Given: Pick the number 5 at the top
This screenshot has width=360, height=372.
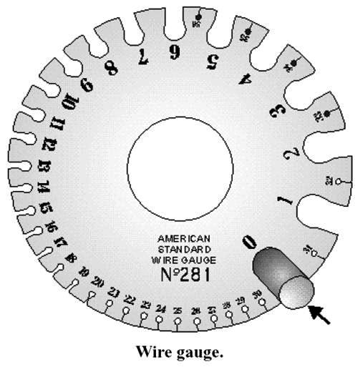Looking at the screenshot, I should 211,60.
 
